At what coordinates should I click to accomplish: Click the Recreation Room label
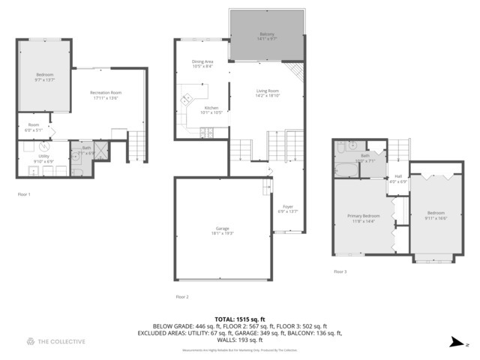coord(106,93)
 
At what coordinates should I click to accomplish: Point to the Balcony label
coord(266,34)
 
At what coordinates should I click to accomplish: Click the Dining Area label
coord(202,62)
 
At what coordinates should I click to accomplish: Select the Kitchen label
coord(211,107)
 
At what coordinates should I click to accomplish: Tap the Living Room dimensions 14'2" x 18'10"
coord(267,96)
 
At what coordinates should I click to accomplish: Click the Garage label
coord(222,228)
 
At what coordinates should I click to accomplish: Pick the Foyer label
coord(287,206)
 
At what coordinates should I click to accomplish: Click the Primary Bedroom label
coord(363,215)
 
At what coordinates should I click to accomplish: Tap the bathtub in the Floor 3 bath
coord(346,170)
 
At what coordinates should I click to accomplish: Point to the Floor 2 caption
coord(181,297)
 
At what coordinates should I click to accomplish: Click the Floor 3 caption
coord(340,271)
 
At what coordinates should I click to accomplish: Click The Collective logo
coord(56,341)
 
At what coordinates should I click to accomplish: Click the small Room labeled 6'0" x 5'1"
coord(34,125)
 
